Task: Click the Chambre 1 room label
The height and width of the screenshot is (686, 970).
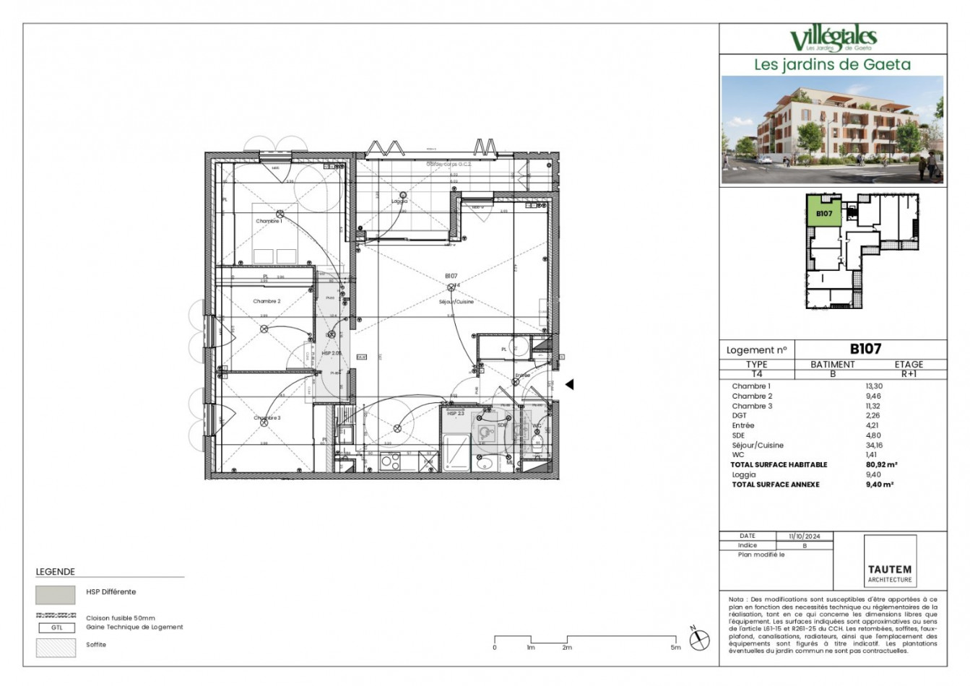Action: pyautogui.click(x=269, y=221)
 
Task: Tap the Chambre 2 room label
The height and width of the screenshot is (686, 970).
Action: pyautogui.click(x=267, y=301)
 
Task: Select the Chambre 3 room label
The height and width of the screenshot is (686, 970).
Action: pyautogui.click(x=267, y=418)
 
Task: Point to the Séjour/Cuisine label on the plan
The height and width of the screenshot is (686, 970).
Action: pyautogui.click(x=456, y=302)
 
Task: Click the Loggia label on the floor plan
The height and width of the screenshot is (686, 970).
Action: pyautogui.click(x=399, y=201)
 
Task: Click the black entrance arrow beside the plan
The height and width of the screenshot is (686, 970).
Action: pyautogui.click(x=569, y=385)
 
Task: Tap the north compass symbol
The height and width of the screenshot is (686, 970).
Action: pyautogui.click(x=698, y=640)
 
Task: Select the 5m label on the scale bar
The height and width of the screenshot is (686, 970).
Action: pyautogui.click(x=675, y=648)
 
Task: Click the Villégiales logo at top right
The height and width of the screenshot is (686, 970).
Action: pyautogui.click(x=833, y=39)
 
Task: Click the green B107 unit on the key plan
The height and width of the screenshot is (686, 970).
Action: pyautogui.click(x=824, y=213)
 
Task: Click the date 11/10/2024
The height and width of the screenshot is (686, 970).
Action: pyautogui.click(x=805, y=537)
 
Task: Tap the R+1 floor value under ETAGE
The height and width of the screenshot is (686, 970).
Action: pyautogui.click(x=909, y=375)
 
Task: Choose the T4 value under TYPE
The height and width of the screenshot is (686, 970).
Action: pyautogui.click(x=756, y=375)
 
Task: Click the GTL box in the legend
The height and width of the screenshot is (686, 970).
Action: pyautogui.click(x=56, y=628)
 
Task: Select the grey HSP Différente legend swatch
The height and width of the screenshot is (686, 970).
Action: pyautogui.click(x=56, y=594)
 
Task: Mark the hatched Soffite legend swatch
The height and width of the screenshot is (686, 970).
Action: pyautogui.click(x=56, y=648)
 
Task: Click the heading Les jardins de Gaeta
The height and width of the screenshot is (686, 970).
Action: pyautogui.click(x=832, y=64)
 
